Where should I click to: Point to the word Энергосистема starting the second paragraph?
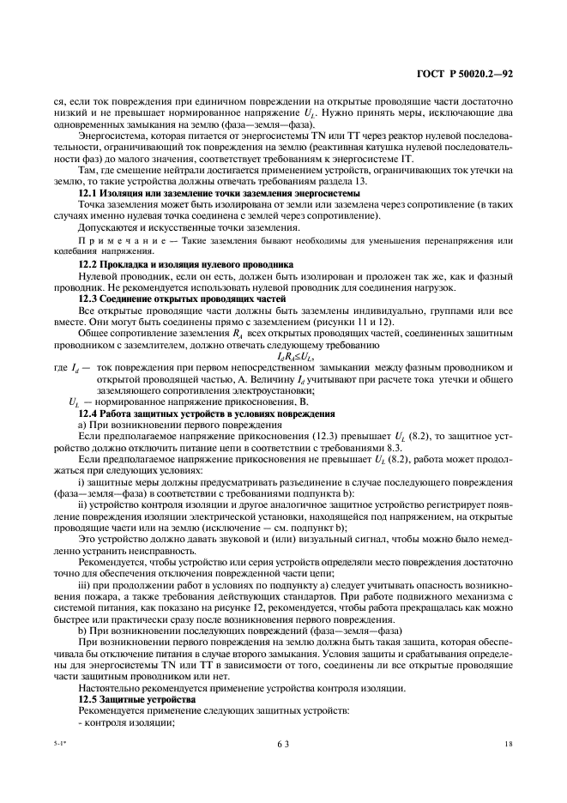coord(111,135)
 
